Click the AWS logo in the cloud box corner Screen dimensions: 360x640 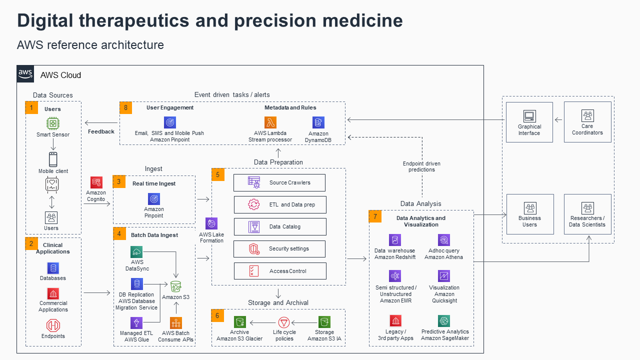(25, 74)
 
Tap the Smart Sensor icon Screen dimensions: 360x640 (53, 123)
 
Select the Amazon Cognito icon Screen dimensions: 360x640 (96, 182)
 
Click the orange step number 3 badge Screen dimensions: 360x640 (119, 181)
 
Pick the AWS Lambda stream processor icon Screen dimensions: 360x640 (270, 122)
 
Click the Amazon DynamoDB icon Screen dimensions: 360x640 (318, 122)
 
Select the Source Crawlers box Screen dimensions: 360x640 (279, 182)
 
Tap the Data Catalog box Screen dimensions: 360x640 (279, 226)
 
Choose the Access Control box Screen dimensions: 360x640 (279, 271)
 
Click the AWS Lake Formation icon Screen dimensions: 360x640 (211, 223)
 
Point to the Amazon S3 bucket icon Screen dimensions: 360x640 (175, 286)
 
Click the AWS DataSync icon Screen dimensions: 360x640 (136, 252)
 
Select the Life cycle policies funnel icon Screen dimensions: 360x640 (284, 322)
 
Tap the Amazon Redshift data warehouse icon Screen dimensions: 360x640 (395, 240)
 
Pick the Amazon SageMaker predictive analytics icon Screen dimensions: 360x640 (444, 321)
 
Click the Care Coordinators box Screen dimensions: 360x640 (587, 122)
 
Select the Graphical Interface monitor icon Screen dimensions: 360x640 (529, 116)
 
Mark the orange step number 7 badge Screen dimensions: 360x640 (375, 216)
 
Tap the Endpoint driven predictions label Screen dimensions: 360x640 (421, 166)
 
